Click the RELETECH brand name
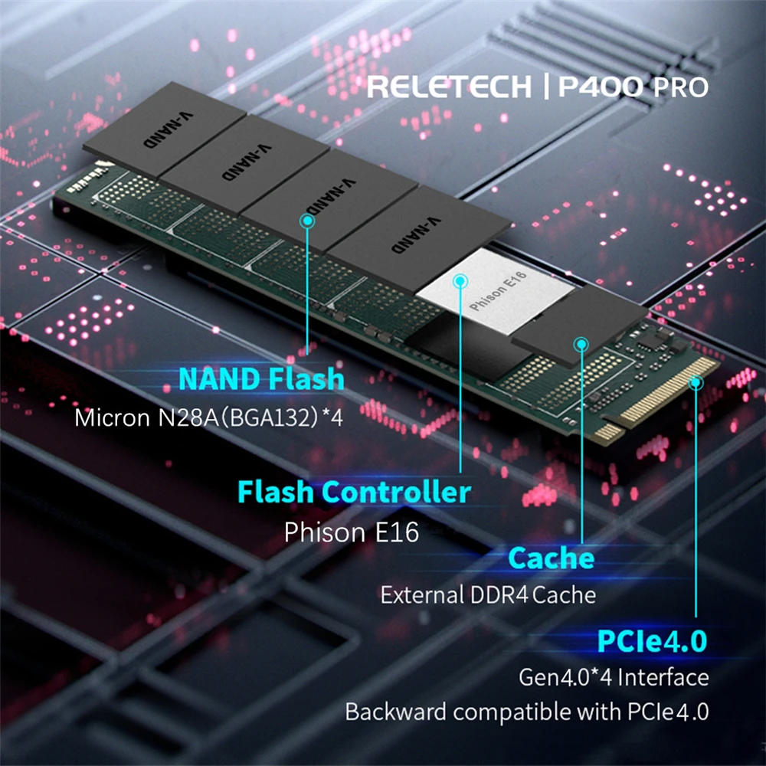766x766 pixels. tap(448, 87)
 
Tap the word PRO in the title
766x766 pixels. tap(679, 87)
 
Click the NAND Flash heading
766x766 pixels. tap(261, 378)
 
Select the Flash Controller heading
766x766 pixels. tap(354, 491)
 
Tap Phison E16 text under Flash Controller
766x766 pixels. tap(352, 532)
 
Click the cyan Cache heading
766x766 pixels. tap(551, 557)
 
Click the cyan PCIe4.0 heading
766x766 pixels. tap(651, 640)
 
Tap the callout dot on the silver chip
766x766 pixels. tap(460, 281)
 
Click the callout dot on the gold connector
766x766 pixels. tap(696, 382)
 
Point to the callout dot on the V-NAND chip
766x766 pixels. tap(307, 221)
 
